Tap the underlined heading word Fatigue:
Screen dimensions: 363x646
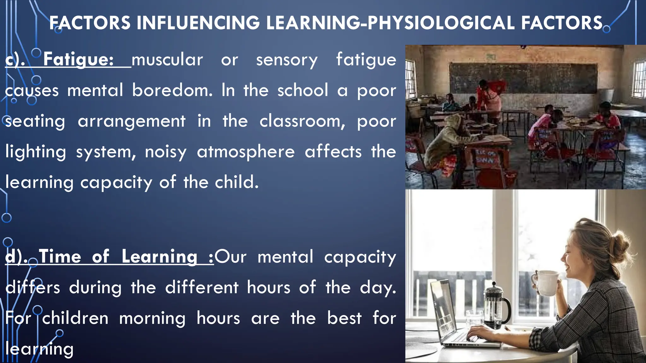coord(78,59)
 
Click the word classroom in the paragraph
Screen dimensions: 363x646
coord(302,121)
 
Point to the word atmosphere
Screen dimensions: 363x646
coord(246,152)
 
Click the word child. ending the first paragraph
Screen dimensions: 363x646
coord(237,182)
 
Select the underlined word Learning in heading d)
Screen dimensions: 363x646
coord(160,256)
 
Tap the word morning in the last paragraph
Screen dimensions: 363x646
coord(152,319)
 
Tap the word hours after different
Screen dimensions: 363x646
coord(268,288)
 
